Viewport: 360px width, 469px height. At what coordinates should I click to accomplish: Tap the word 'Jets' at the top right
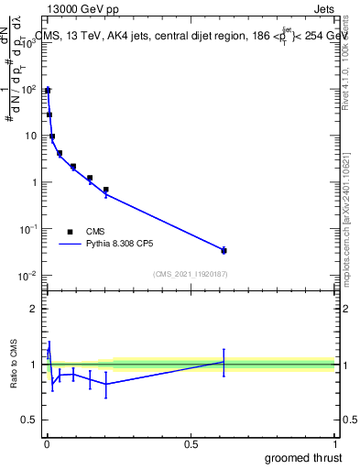click(x=322, y=10)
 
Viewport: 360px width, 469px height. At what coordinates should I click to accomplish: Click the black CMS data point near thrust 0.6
click(x=224, y=250)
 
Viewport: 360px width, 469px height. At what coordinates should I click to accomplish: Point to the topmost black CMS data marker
click(x=47, y=91)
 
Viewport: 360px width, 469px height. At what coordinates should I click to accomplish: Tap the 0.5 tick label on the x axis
click(x=191, y=444)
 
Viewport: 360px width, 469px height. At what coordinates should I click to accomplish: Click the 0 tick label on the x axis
click(x=47, y=444)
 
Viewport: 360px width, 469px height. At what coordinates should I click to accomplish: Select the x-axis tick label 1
click(x=334, y=444)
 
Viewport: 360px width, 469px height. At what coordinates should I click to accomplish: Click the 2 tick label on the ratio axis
click(x=33, y=309)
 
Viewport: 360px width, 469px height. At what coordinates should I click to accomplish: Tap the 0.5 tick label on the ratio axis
click(x=29, y=420)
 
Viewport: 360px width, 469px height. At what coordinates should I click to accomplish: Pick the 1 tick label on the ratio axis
click(x=33, y=365)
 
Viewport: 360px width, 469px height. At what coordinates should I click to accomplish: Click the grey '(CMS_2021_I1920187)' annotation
click(x=191, y=275)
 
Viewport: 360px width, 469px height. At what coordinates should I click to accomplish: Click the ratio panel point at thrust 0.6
click(x=224, y=362)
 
